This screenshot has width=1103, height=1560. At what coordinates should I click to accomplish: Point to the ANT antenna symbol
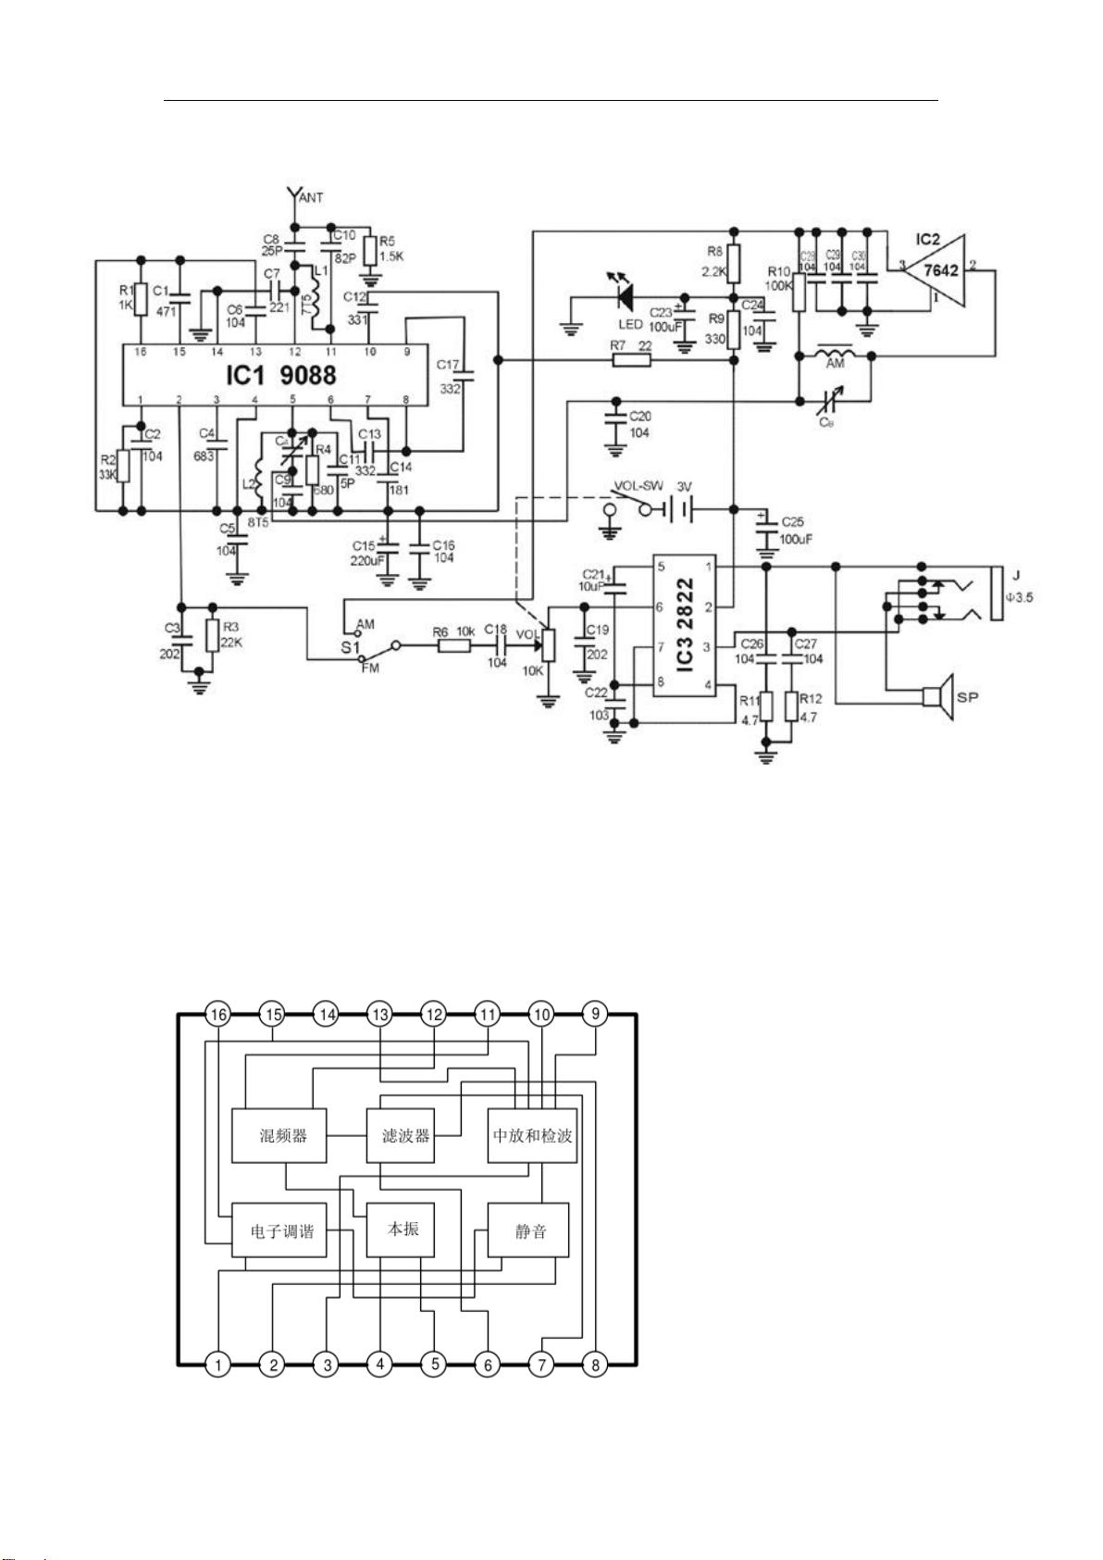pos(295,195)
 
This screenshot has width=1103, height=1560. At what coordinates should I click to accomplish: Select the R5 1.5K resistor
pos(369,250)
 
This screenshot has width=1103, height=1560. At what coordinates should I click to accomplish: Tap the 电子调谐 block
pos(280,1230)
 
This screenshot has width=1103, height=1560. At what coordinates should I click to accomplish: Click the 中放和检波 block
pos(532,1135)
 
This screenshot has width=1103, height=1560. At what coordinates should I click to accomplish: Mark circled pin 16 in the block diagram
pos(218,1014)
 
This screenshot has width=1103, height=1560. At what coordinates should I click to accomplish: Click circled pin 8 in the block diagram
pos(595,1364)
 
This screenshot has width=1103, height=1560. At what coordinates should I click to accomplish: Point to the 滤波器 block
pos(404,1135)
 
